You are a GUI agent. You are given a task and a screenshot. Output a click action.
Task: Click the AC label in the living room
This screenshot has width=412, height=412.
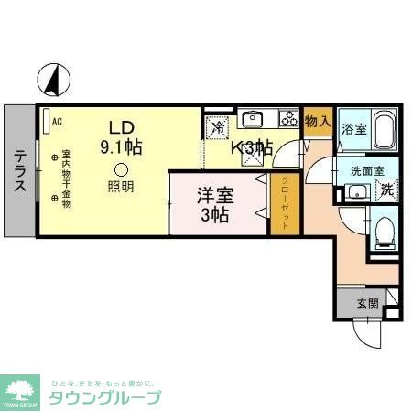point(56,121)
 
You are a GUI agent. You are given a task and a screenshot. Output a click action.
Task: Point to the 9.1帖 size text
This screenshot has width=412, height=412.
point(122,146)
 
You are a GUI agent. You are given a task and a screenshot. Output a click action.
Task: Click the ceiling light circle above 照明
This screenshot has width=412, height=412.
point(121,168)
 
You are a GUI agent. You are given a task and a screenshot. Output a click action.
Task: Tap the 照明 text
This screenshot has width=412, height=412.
point(121,187)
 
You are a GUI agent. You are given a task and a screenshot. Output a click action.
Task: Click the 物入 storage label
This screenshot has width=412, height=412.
point(317,121)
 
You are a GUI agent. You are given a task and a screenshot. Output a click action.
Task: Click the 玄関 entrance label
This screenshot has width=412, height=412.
point(367,303)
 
